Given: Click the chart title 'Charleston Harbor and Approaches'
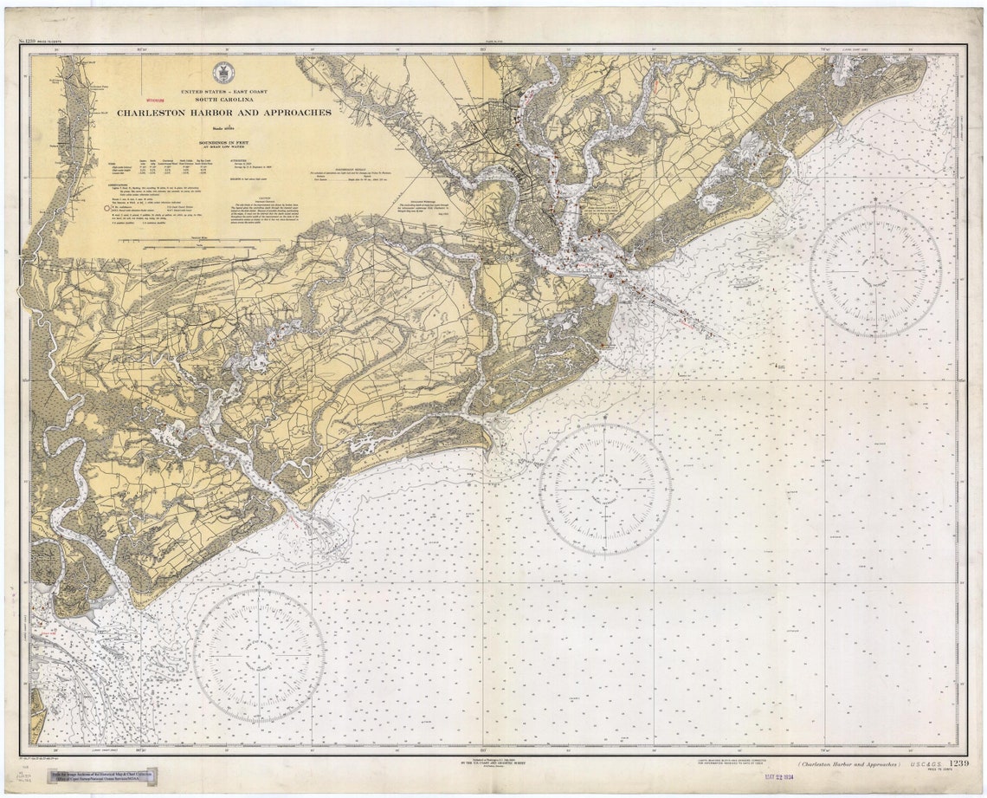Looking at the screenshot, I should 224,113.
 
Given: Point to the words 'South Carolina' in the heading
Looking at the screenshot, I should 223,100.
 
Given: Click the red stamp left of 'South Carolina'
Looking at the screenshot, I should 159,101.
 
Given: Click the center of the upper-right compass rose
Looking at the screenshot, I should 875,269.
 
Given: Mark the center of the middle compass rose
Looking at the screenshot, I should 604,489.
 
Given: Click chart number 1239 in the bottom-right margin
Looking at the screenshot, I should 958,763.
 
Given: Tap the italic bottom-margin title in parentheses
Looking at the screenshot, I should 848,765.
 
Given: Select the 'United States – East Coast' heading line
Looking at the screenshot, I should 223,91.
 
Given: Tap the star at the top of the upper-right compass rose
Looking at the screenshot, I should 875,206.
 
